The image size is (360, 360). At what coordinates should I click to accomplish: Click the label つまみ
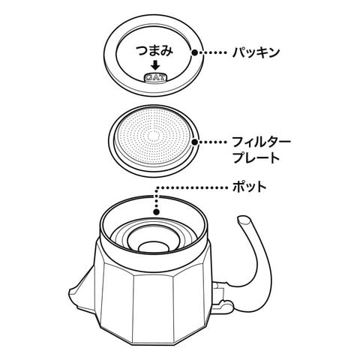click(x=154, y=51)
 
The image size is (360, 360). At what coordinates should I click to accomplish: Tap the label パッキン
click(x=256, y=52)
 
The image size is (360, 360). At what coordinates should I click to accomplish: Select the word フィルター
click(x=262, y=142)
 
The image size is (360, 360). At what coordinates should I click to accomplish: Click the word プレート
click(x=256, y=157)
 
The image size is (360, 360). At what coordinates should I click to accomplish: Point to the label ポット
click(x=249, y=187)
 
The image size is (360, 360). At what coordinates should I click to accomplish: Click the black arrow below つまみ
click(x=155, y=65)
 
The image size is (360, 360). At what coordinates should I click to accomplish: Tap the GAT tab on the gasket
click(x=155, y=77)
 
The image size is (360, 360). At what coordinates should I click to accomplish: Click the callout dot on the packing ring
click(x=195, y=52)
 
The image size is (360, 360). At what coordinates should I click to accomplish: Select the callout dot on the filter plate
click(x=195, y=142)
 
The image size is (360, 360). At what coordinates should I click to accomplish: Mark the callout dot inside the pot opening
click(x=157, y=212)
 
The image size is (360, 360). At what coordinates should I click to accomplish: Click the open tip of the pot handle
click(x=244, y=220)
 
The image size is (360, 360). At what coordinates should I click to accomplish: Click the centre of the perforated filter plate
click(x=154, y=136)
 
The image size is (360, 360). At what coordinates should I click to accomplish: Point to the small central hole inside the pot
click(x=154, y=247)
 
